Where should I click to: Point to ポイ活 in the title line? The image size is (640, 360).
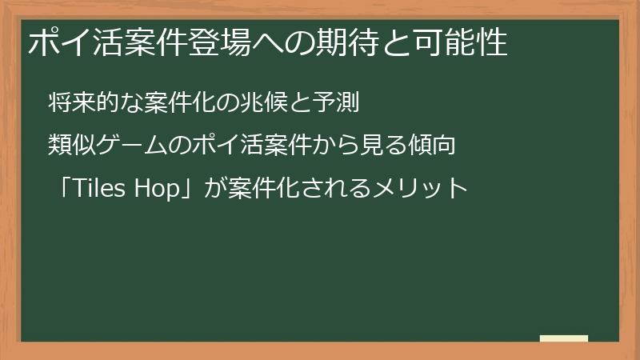pos(70,43)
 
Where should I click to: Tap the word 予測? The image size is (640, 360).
pos(340,103)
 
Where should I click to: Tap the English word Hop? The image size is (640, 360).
pos(160,189)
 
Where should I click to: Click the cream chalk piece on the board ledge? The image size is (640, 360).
pos(564,338)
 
